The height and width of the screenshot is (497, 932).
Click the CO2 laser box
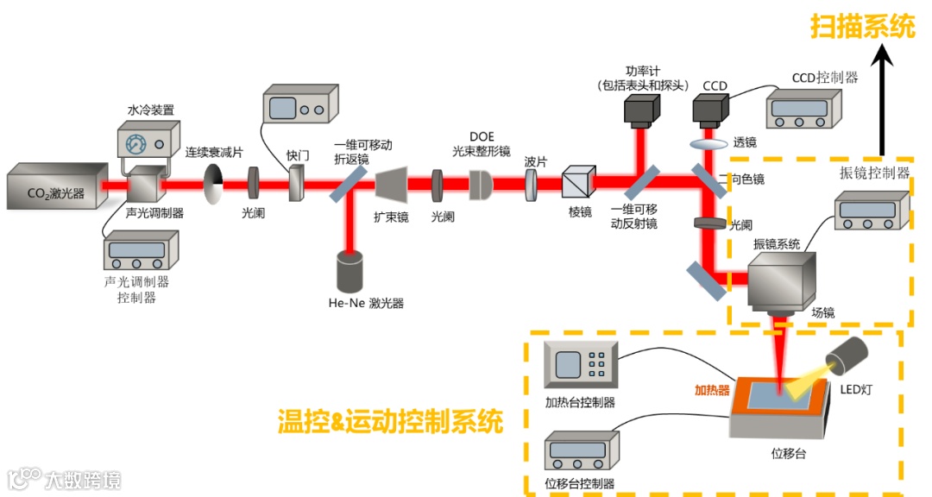click(x=56, y=187)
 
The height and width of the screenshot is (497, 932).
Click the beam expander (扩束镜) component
click(x=391, y=184)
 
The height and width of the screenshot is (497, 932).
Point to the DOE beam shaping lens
click(x=480, y=184)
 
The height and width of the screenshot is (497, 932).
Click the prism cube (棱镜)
click(x=575, y=184)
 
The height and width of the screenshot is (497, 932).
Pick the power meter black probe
click(x=642, y=110)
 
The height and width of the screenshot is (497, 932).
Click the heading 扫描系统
click(x=863, y=27)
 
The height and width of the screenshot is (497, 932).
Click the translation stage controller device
click(x=583, y=454)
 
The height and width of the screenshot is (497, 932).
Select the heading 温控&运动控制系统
click(x=390, y=422)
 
